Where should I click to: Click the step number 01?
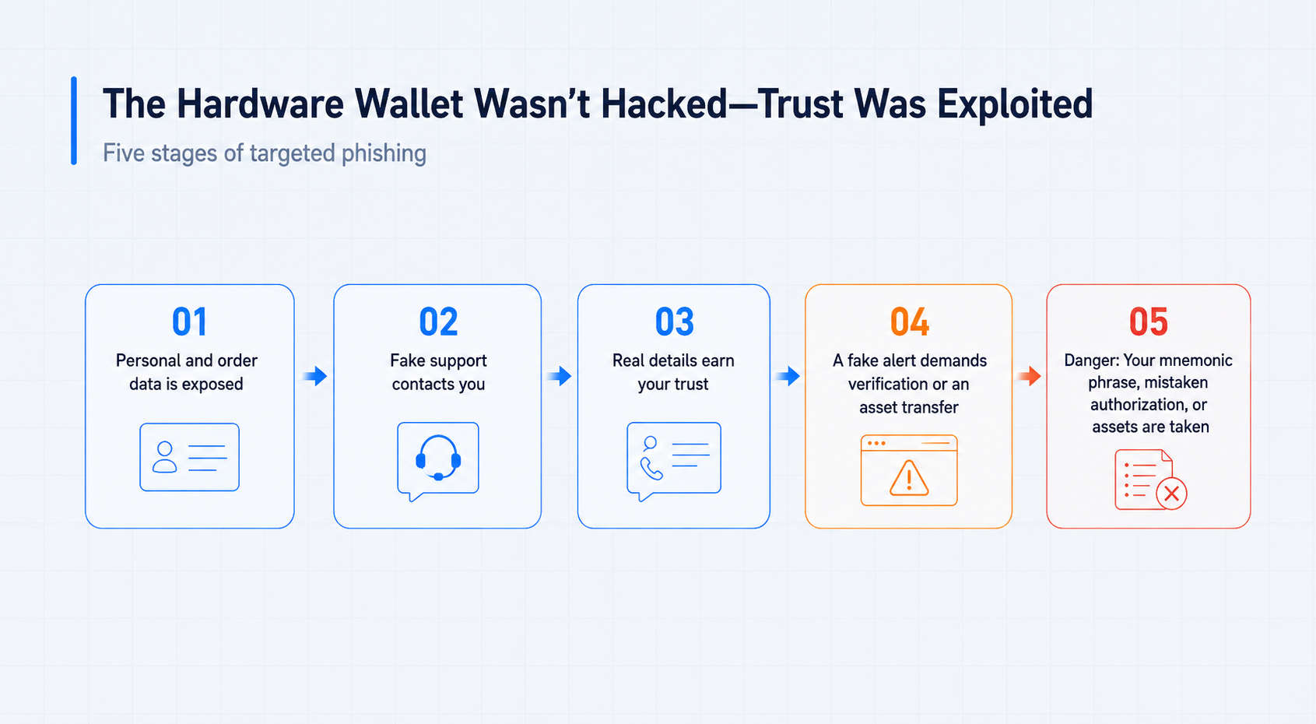[x=189, y=322]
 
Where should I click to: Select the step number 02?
[x=438, y=322]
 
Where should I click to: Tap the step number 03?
[x=675, y=322]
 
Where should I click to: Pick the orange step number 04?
[x=910, y=322]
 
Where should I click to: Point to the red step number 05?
[x=1149, y=322]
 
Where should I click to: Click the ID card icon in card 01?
[x=189, y=457]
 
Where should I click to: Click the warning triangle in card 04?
[x=909, y=478]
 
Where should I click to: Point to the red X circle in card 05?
[x=1171, y=494]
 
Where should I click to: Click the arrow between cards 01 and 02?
[x=315, y=375]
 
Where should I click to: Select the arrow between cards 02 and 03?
[x=560, y=375]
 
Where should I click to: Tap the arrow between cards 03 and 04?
[x=788, y=375]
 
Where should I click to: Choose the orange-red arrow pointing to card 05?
[x=1030, y=375]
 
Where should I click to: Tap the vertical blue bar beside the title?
[x=74, y=121]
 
